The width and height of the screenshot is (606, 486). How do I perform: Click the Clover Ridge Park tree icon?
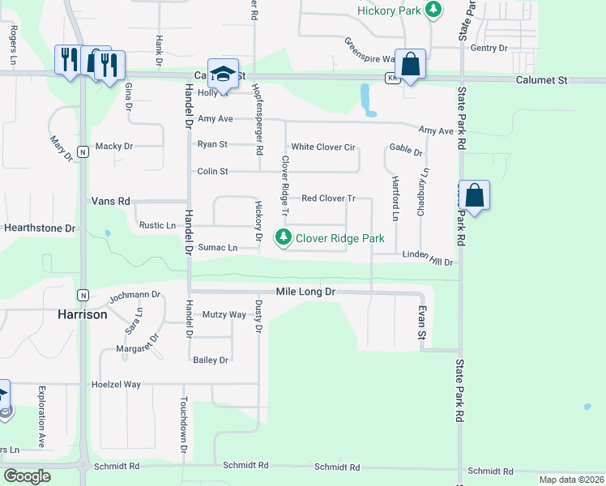(x=283, y=238)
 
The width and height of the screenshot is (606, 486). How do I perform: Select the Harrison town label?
(x=82, y=314)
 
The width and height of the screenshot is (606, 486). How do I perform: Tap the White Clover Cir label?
(x=323, y=147)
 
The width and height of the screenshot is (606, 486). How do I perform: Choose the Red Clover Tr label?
(x=328, y=198)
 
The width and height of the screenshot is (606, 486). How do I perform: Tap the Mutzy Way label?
(x=224, y=314)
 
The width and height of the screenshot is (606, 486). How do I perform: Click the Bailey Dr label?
(x=210, y=360)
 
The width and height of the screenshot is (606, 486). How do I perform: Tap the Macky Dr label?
(x=113, y=147)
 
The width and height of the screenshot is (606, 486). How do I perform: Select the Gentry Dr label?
(x=489, y=49)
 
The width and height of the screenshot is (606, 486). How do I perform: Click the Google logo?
(x=27, y=476)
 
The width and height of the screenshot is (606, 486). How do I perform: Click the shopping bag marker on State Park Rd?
(x=474, y=196)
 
